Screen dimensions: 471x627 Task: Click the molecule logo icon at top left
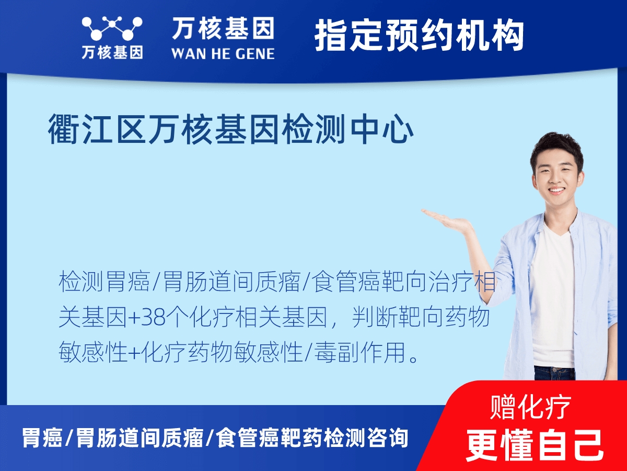pyautogui.click(x=112, y=29)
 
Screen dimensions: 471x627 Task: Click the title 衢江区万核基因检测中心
pyautogui.click(x=231, y=129)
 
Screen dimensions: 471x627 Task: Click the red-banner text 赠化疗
pyautogui.click(x=531, y=407)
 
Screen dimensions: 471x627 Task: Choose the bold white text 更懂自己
pyautogui.click(x=534, y=445)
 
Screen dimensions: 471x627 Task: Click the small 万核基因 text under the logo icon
pyautogui.click(x=112, y=53)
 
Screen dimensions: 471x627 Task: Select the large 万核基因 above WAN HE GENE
pyautogui.click(x=223, y=28)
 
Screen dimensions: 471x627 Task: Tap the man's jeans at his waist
pyautogui.click(x=554, y=373)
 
